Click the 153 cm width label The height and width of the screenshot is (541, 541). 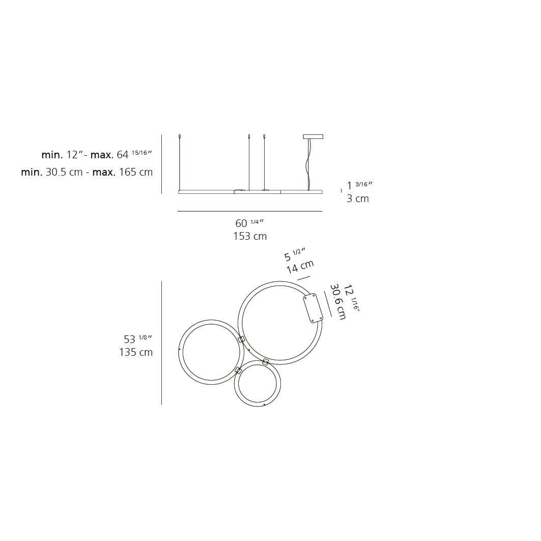[x=249, y=236]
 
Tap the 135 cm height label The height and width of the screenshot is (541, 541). [x=136, y=352]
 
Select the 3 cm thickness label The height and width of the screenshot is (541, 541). [x=357, y=198]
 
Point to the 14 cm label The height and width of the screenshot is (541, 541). [x=300, y=266]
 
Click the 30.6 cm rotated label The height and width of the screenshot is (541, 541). [x=338, y=302]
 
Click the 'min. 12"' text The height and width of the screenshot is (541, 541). [x=62, y=155]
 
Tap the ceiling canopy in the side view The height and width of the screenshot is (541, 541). [x=313, y=136]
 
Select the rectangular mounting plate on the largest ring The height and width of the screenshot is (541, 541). [x=313, y=308]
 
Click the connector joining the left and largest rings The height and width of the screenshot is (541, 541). [x=242, y=339]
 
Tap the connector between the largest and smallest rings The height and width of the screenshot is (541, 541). [x=265, y=362]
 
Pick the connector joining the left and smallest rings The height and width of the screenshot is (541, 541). [x=238, y=371]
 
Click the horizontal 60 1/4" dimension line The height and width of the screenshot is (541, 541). [x=249, y=211]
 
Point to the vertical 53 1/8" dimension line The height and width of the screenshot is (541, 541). [x=161, y=343]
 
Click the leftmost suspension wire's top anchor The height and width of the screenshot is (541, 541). [x=180, y=136]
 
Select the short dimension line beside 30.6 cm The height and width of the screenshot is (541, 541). [x=328, y=304]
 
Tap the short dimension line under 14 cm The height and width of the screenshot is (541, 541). [x=303, y=278]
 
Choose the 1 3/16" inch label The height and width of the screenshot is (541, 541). [x=359, y=185]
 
